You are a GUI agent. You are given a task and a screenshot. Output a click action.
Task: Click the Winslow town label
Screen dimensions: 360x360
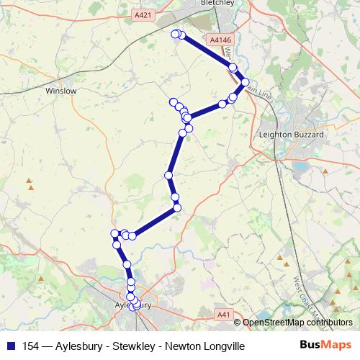pyautogui.click(x=60, y=91)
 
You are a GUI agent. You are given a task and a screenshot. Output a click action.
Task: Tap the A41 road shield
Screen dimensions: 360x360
pyautogui.click(x=224, y=314)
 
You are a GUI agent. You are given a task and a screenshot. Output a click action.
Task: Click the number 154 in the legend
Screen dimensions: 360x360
pyautogui.click(x=32, y=346)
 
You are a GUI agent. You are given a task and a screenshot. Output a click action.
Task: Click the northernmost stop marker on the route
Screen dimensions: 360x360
pyautogui.click(x=175, y=33)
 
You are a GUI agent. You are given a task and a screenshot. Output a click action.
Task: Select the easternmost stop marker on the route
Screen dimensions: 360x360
pyautogui.click(x=245, y=82)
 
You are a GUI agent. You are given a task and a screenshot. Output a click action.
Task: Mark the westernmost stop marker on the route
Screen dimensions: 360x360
pyautogui.click(x=114, y=233)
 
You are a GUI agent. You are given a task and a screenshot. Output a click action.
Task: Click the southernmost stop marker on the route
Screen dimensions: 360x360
pyautogui.click(x=136, y=307)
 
